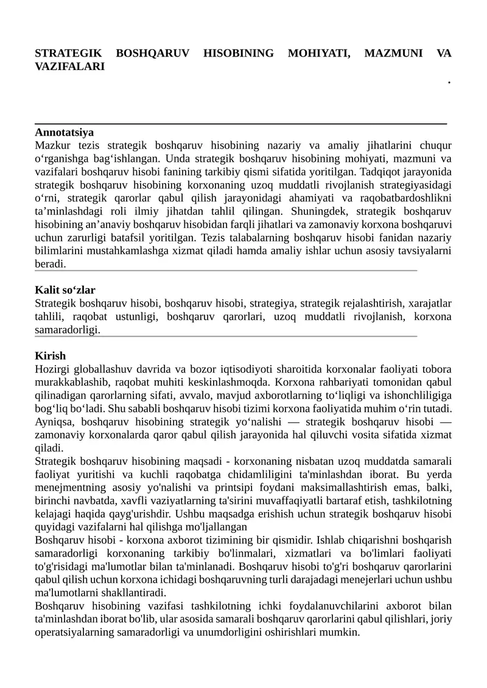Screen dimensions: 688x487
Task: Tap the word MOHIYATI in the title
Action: coord(318,54)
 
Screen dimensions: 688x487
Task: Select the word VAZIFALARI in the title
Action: coord(69,67)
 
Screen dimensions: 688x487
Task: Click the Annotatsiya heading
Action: coord(64,132)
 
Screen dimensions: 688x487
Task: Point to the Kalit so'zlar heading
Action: coord(65,290)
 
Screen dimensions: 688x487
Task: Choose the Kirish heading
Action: coord(50,356)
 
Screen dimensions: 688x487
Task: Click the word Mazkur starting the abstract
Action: coord(53,145)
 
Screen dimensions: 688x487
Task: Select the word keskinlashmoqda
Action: coord(234,383)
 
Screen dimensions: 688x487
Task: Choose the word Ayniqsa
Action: coord(54,422)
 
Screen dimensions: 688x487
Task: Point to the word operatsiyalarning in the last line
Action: coord(70,633)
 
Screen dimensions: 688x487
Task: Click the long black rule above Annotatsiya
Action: coord(240,123)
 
